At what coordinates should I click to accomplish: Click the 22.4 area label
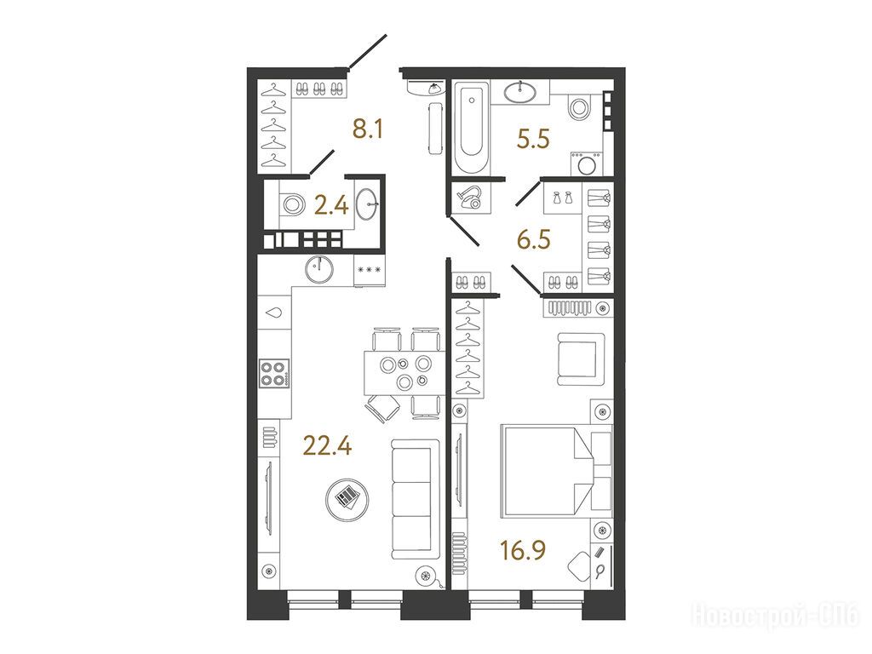(x=327, y=445)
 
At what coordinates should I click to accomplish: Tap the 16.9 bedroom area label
(x=523, y=550)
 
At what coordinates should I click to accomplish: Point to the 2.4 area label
(x=331, y=206)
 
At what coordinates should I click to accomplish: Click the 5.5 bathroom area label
(x=533, y=139)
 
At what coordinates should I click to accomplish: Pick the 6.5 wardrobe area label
(x=533, y=239)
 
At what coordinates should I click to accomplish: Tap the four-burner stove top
(x=274, y=374)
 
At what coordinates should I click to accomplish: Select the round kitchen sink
(x=319, y=269)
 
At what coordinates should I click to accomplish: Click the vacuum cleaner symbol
(x=470, y=198)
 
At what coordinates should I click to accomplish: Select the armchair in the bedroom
(x=581, y=359)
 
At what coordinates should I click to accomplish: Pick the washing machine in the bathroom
(x=586, y=163)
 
